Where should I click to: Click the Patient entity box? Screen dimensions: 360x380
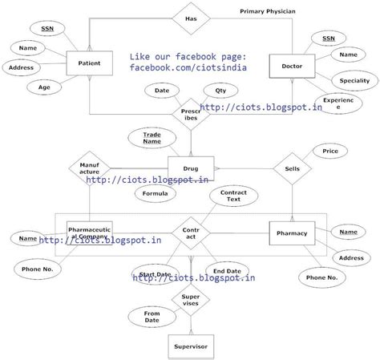pos(88,63)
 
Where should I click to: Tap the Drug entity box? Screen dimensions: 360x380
pos(190,169)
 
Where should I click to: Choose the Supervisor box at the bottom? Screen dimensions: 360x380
pos(190,346)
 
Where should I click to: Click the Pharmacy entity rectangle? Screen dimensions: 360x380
pos(291,233)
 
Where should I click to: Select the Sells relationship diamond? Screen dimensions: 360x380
pos(291,169)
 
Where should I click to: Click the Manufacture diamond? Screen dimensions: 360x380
pos(88,169)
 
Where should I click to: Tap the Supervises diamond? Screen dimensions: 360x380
pos(191,300)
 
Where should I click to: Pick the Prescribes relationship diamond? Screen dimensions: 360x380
pos(191,115)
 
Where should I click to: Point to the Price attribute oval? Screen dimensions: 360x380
pos(329,150)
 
